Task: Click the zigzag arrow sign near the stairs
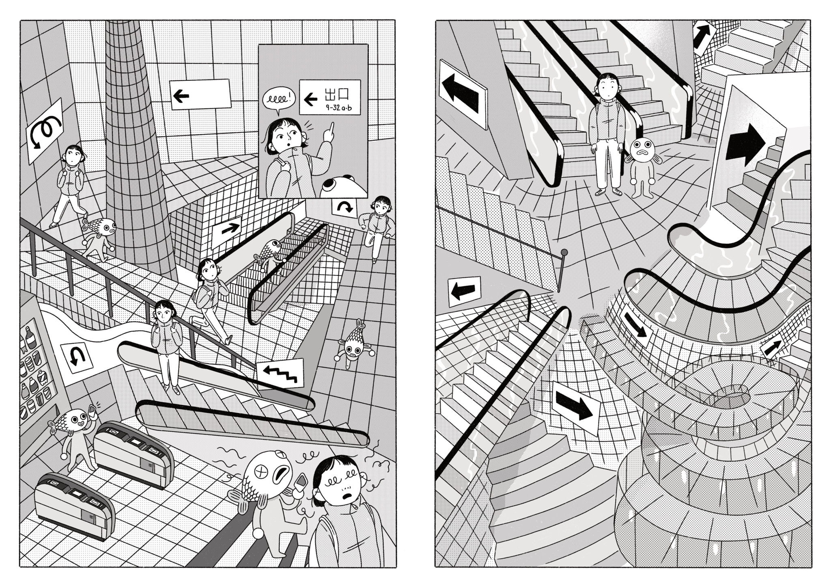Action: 281,372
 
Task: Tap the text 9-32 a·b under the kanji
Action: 339,108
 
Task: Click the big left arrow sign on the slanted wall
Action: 463,93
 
